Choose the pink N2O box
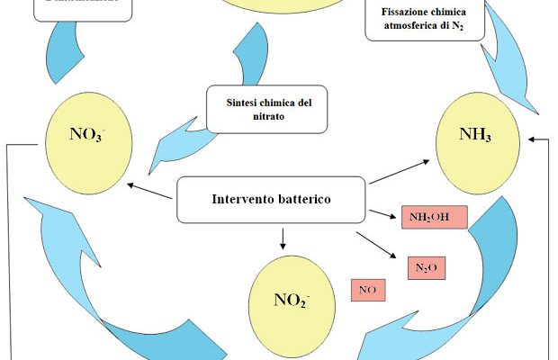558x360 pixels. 427,268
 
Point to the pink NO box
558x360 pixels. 367,291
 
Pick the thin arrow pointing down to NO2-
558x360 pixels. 283,237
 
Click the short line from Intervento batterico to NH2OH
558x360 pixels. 382,213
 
